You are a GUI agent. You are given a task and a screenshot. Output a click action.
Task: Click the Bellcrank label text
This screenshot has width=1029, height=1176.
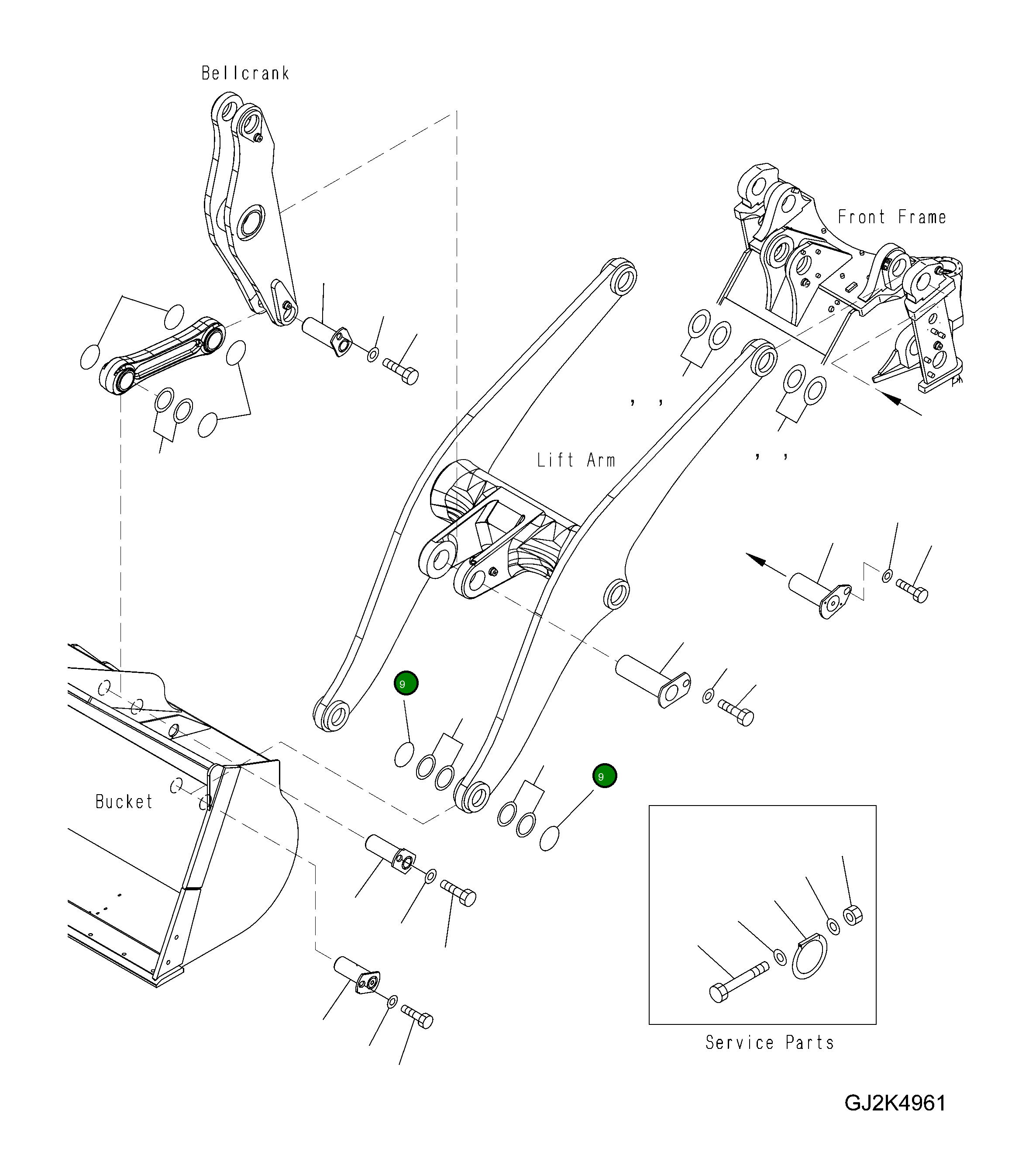coord(245,73)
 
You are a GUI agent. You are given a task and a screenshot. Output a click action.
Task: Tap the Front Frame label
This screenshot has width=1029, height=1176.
coord(891,217)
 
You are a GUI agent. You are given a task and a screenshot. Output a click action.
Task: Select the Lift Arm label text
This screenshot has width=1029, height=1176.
coord(576,460)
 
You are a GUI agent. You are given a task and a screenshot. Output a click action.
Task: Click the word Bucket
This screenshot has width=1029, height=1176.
coord(124,802)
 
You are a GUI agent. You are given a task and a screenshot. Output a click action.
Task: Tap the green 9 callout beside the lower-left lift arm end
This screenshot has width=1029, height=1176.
coord(406,683)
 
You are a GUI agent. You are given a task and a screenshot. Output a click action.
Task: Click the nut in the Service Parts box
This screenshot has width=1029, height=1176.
coord(853,915)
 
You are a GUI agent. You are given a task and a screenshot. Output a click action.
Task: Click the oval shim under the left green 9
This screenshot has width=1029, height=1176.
coord(404,754)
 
